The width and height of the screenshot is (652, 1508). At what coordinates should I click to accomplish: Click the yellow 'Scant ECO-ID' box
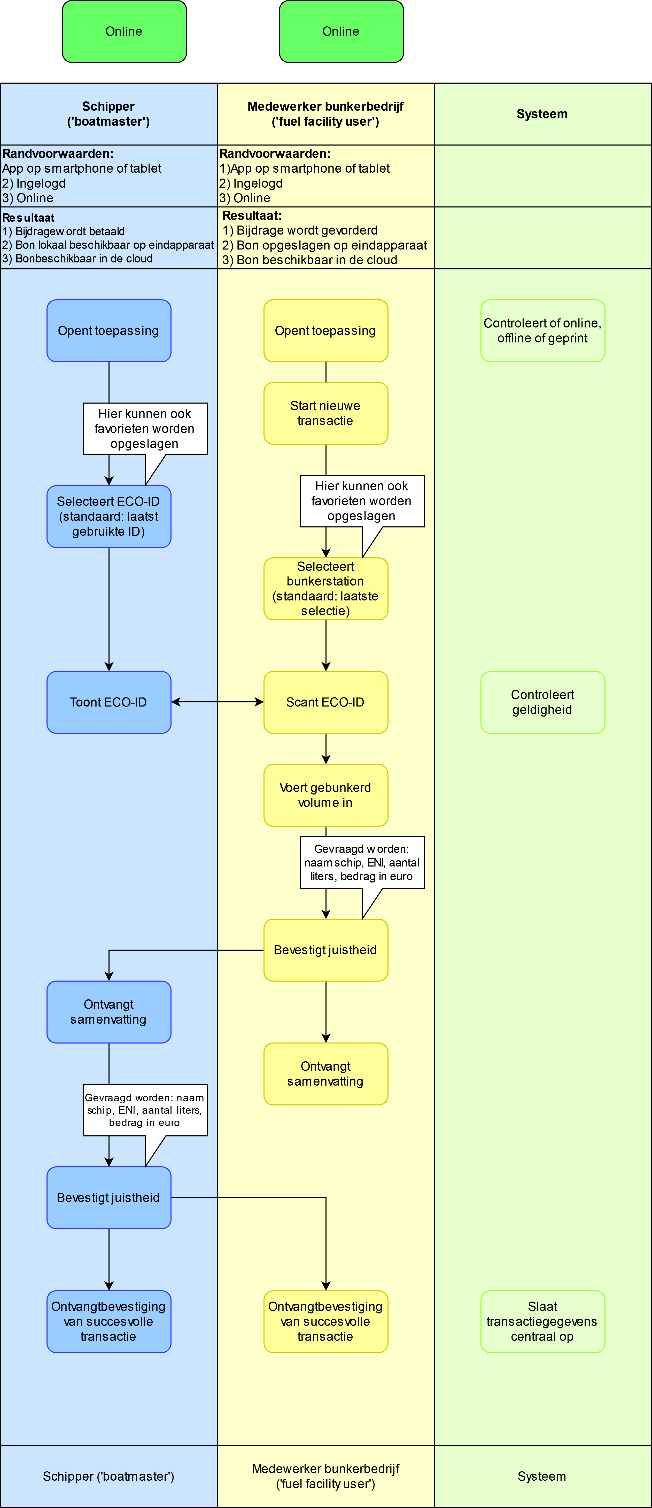[x=326, y=702]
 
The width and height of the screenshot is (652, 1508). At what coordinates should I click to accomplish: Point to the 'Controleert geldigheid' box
[x=542, y=702]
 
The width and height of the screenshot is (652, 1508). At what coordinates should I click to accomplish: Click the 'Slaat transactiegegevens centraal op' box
[x=542, y=1321]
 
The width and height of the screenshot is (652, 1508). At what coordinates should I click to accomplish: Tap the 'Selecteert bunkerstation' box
[x=326, y=588]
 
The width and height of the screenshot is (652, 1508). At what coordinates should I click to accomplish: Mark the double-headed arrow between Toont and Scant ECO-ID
[x=217, y=702]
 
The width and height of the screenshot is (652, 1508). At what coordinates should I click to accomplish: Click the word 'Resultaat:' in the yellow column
[x=252, y=215]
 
